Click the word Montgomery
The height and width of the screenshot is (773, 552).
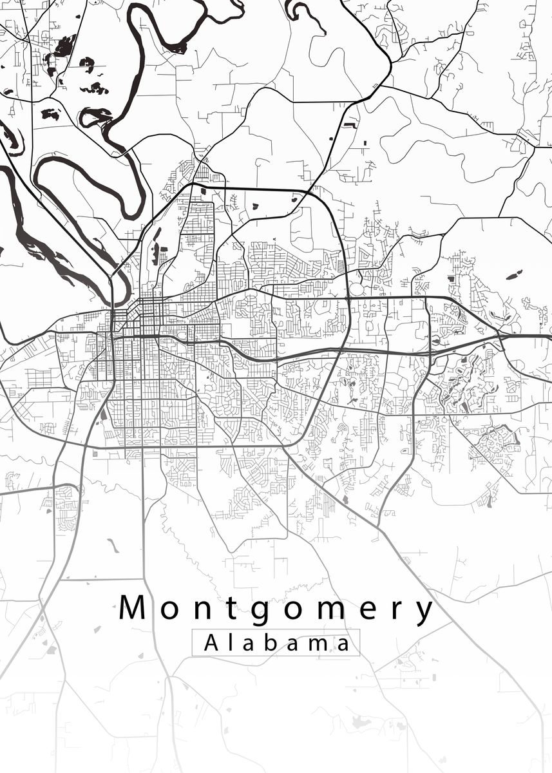277,609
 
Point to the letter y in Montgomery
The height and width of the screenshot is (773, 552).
424,614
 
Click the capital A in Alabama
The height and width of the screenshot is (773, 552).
212,643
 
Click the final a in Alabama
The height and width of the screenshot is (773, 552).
345,644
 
